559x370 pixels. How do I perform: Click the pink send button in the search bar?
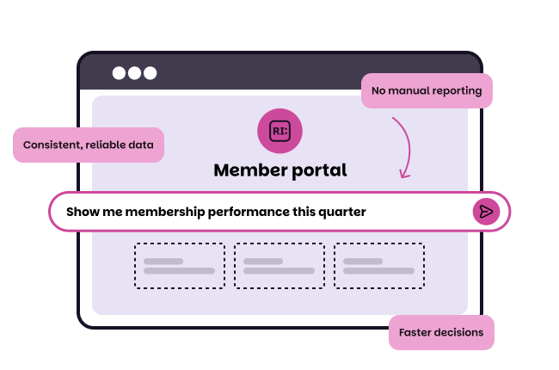click(x=486, y=212)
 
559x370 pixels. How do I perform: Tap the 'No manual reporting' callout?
click(x=427, y=90)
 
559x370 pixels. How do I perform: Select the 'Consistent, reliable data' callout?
click(x=89, y=145)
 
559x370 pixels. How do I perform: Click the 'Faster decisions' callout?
click(x=441, y=332)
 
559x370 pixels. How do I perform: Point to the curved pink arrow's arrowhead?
click(x=402, y=176)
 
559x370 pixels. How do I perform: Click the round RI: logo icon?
click(x=279, y=131)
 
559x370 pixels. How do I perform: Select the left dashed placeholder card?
click(x=179, y=265)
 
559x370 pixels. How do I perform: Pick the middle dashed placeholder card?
click(x=279, y=265)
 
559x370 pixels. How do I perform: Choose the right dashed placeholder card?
click(x=378, y=265)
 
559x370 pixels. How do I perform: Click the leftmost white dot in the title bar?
click(x=120, y=73)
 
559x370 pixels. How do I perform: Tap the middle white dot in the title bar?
click(x=134, y=73)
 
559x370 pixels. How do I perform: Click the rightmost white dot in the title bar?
click(x=150, y=73)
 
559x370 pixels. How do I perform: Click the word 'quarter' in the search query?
click(x=341, y=213)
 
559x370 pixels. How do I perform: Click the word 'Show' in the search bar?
click(x=82, y=212)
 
